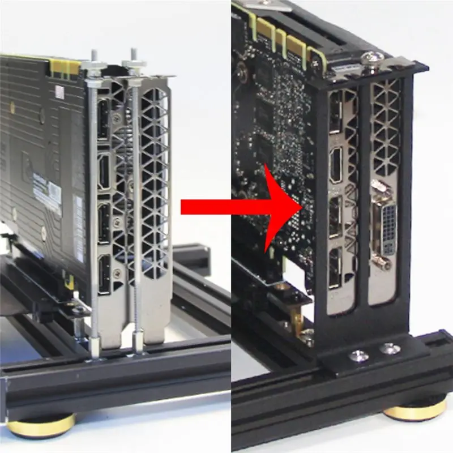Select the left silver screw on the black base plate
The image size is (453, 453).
[x=357, y=356]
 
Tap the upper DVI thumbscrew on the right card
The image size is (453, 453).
[x=376, y=185]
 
